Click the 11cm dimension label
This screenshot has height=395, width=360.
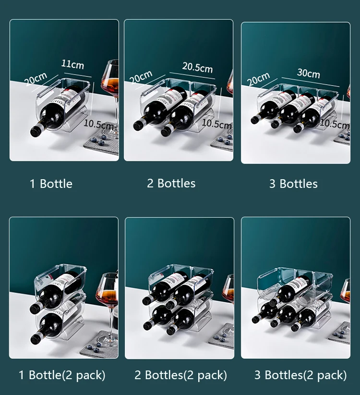tap(72, 64)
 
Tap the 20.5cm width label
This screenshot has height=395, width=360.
tap(197, 67)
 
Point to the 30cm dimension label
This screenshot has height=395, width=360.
tap(309, 74)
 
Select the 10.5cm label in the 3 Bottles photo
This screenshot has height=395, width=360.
tap(335, 123)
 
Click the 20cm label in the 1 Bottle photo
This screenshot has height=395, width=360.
tap(36, 79)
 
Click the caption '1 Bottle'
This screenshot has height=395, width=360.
tap(51, 184)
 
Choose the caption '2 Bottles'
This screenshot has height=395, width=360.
tap(171, 184)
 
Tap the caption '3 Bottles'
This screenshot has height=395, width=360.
tap(293, 184)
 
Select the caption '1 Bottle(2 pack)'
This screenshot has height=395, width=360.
tap(62, 375)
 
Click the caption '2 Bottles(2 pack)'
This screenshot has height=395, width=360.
tap(180, 375)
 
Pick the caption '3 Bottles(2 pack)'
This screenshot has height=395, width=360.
tap(300, 375)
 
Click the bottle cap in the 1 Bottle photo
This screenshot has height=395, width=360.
tap(35, 131)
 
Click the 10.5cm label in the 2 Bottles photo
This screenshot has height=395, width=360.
tap(216, 123)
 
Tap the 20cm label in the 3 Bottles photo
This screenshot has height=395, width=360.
tap(258, 79)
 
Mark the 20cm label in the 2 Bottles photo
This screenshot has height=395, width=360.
tap(141, 77)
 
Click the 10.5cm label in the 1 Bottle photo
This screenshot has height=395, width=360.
tap(98, 124)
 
